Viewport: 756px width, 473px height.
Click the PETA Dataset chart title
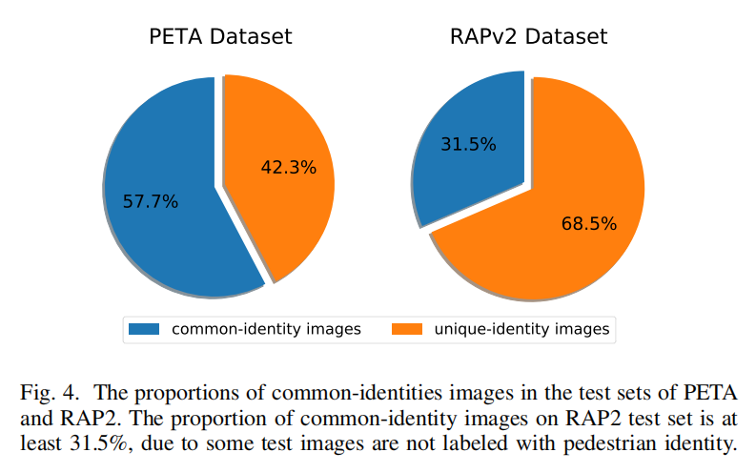(x=220, y=37)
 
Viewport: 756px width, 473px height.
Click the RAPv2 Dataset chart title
(x=528, y=37)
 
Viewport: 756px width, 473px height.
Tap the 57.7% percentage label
(x=151, y=201)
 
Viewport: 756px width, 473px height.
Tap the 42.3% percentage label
(x=288, y=167)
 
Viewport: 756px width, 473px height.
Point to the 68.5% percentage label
(x=588, y=224)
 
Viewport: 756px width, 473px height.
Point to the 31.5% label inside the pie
(x=468, y=145)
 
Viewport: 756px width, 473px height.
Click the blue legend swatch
(x=144, y=330)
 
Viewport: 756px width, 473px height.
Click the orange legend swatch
(x=407, y=330)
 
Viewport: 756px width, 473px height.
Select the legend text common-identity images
(x=265, y=330)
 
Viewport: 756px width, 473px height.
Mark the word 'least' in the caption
(x=39, y=442)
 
